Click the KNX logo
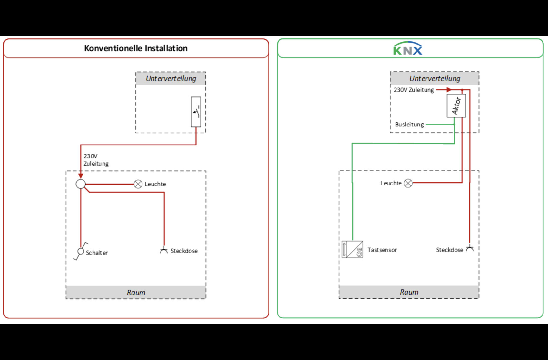[408, 48]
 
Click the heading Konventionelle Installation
[136, 48]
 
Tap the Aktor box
[456, 105]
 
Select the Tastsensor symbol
[352, 249]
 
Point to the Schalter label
[97, 253]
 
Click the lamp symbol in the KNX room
[408, 183]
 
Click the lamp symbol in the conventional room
[138, 184]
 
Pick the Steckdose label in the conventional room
[184, 251]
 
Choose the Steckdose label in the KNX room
[449, 250]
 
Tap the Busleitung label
[409, 125]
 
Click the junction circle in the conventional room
[81, 184]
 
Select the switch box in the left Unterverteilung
[196, 112]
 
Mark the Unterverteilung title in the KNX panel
[435, 78]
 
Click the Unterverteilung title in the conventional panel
[171, 78]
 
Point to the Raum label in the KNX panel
[409, 292]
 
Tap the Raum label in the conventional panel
[136, 292]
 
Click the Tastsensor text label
[382, 250]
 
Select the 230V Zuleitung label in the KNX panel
[414, 90]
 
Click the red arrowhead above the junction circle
[81, 175]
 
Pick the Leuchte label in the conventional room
[155, 184]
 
